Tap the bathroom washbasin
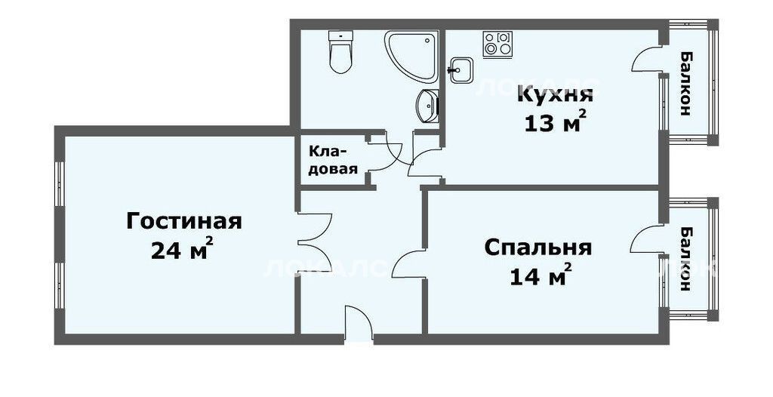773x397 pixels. pos(427,106)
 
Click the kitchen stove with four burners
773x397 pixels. pos(497,45)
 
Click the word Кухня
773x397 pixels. pos(555,94)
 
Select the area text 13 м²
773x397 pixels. pos(555,122)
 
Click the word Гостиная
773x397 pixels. pos(184,221)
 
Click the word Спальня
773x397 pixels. pos(537,248)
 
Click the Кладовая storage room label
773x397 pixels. pos(333,160)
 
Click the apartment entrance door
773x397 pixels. pos(359,323)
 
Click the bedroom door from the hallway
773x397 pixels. pos(409,263)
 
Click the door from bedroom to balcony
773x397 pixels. pos(647,240)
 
